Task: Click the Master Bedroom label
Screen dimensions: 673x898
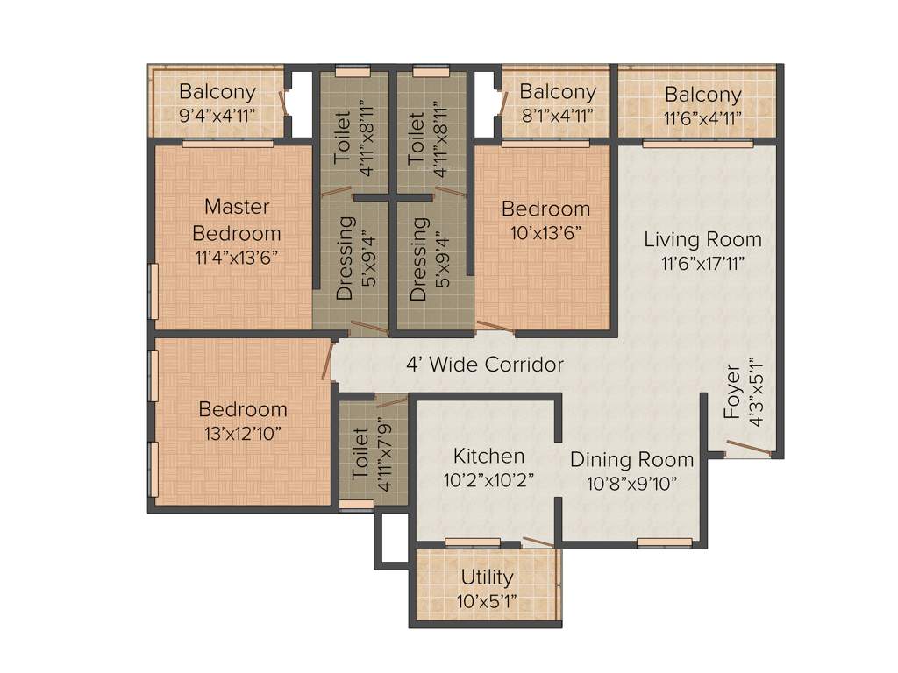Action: coord(237,220)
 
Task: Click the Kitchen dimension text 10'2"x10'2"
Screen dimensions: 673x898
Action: coord(488,479)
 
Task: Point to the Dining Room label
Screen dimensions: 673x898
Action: coord(631,459)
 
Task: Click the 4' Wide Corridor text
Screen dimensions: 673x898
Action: coord(484,365)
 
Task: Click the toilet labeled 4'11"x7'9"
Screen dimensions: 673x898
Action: coord(360,451)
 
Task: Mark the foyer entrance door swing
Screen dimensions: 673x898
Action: coord(747,450)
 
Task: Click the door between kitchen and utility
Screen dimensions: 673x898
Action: coord(537,542)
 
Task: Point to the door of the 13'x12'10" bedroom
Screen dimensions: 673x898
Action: coord(327,361)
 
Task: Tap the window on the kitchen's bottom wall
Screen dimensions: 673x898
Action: coord(472,542)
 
